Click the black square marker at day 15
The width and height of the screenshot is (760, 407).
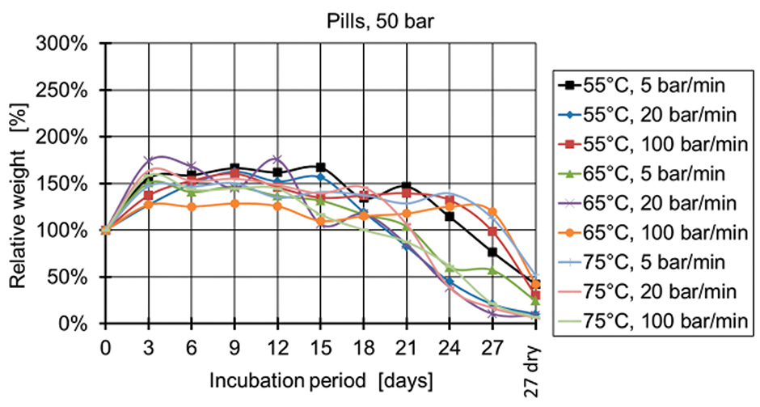[320, 167]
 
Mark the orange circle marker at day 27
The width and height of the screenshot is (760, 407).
[492, 212]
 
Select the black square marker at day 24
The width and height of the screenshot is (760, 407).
[450, 216]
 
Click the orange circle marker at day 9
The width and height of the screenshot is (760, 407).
[234, 204]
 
